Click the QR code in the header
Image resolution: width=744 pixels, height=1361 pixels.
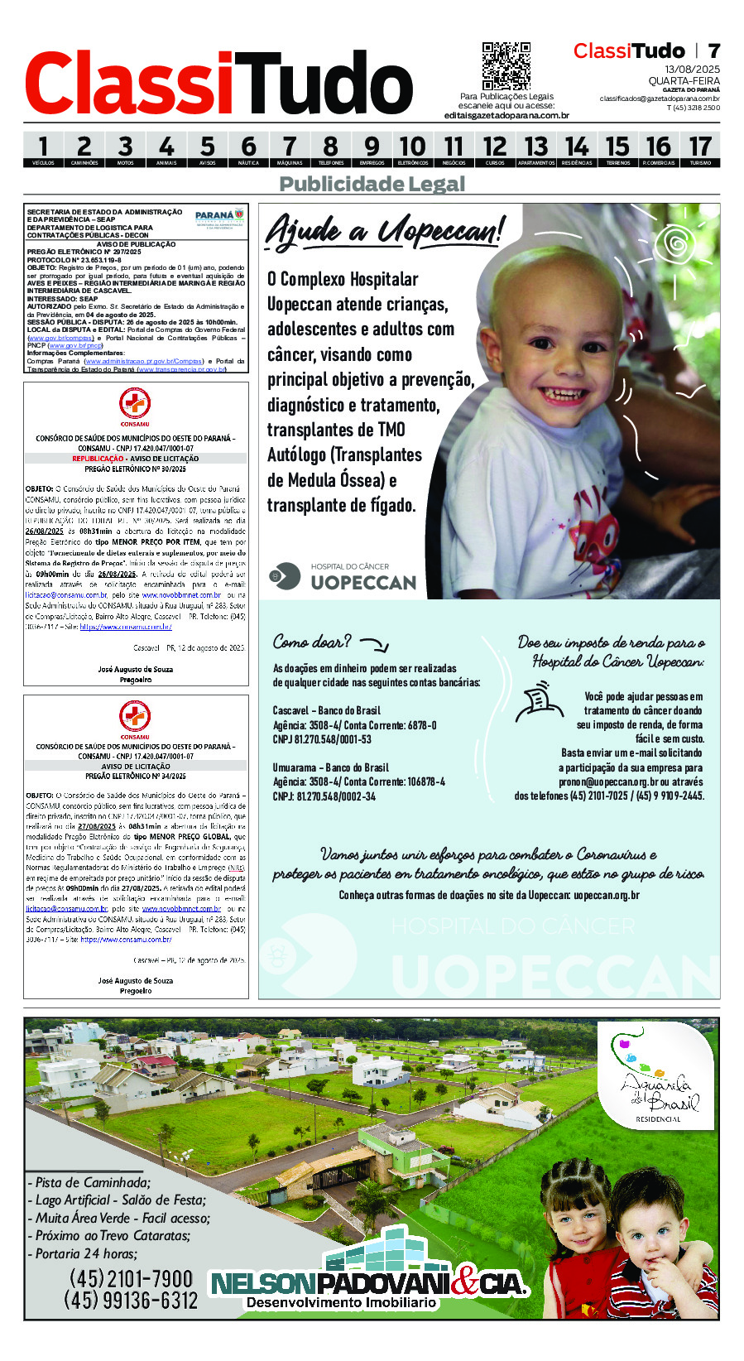click(x=506, y=66)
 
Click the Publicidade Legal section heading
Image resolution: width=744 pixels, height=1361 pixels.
click(x=372, y=184)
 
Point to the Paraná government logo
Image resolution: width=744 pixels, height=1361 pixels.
click(x=219, y=219)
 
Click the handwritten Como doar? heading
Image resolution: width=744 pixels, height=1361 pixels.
click(x=312, y=642)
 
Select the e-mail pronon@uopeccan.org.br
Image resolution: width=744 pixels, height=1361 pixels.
click(x=608, y=781)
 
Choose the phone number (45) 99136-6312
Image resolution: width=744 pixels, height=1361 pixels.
click(x=131, y=1301)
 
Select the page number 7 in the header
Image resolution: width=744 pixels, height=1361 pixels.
click(x=713, y=50)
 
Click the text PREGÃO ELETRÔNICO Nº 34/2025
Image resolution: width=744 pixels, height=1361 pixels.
click(x=135, y=777)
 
